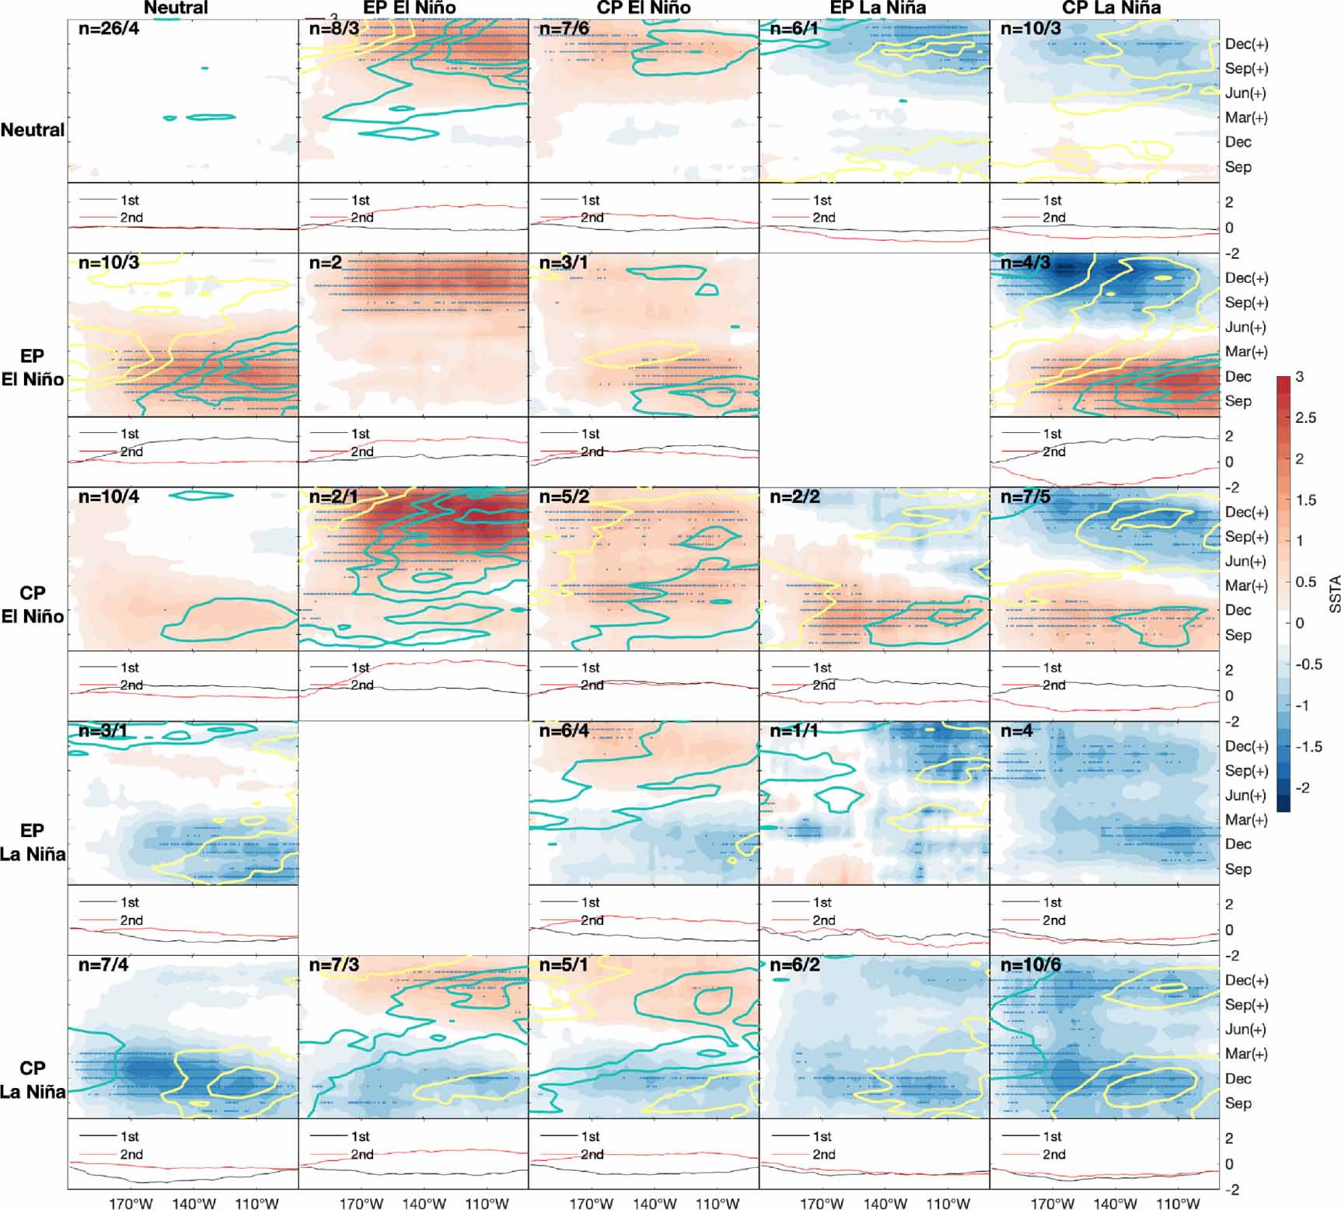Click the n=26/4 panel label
pyautogui.click(x=109, y=30)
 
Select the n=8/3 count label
pyautogui.click(x=334, y=30)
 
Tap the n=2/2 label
pyautogui.click(x=794, y=497)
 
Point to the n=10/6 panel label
pyautogui.click(x=1030, y=965)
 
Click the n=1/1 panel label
pyautogui.click(x=794, y=731)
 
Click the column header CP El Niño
pyautogui.click(x=643, y=8)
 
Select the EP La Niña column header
pyautogui.click(x=878, y=8)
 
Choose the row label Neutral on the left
pyautogui.click(x=33, y=130)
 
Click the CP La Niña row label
pyautogui.click(x=33, y=1079)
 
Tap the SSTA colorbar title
pyautogui.click(x=1334, y=594)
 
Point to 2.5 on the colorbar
pyautogui.click(x=1305, y=418)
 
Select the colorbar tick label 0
pyautogui.click(x=1299, y=623)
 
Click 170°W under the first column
pyautogui.click(x=131, y=1204)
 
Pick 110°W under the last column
pyautogui.click(x=1178, y=1204)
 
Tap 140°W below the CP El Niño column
pyautogui.click(x=654, y=1204)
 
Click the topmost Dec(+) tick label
pyautogui.click(x=1246, y=44)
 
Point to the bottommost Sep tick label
pyautogui.click(x=1238, y=1103)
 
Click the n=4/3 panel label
pyautogui.click(x=1025, y=263)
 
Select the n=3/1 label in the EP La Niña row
pyautogui.click(x=103, y=731)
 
